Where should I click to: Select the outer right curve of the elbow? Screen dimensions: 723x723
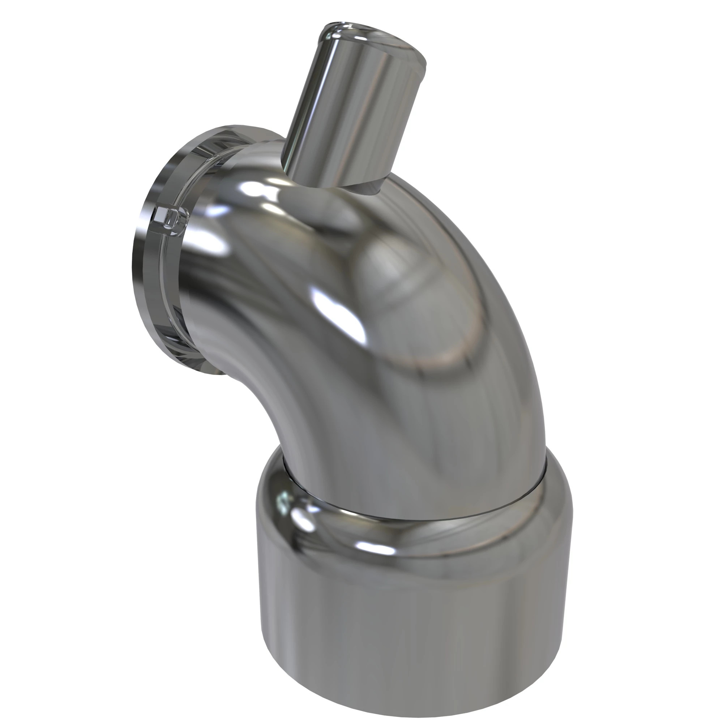click(x=524, y=337)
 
